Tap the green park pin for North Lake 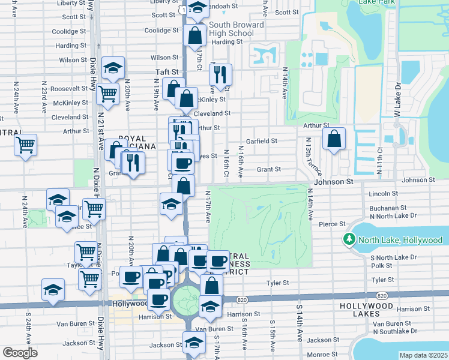click(349, 240)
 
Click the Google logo click(20, 353)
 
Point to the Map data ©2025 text click(423, 355)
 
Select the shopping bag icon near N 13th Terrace click(334, 139)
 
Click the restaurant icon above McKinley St click(220, 74)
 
